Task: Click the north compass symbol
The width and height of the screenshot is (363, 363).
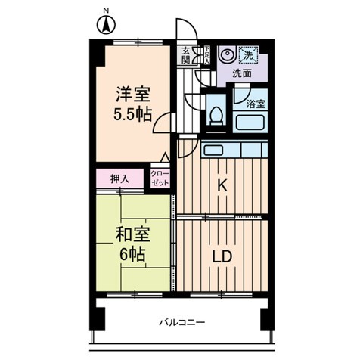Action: point(105,26)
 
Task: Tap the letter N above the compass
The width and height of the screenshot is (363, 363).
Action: point(105,10)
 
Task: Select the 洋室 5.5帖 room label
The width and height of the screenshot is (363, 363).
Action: point(133,105)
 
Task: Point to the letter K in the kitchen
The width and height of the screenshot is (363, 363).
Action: point(223,185)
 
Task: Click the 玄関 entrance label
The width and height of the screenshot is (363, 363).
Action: point(187,57)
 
